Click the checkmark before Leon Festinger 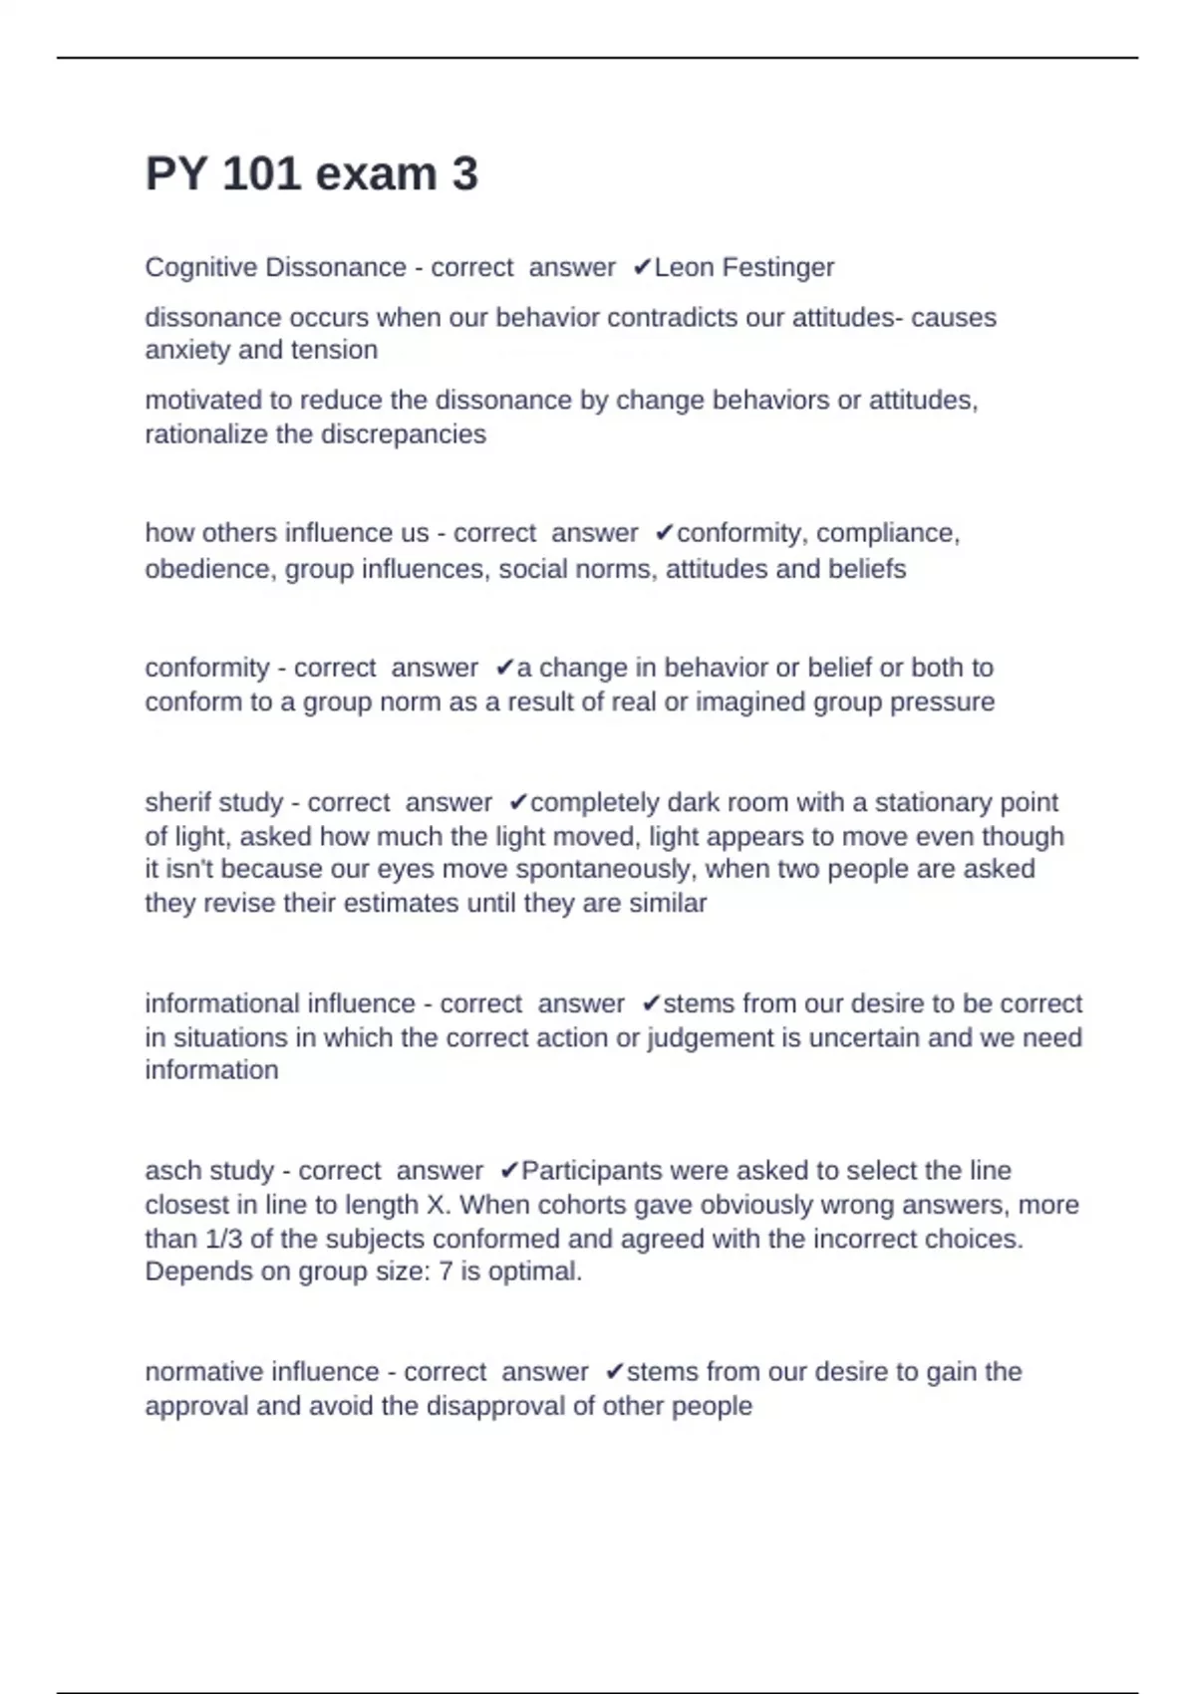[642, 268]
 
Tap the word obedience [206, 569]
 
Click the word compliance [887, 533]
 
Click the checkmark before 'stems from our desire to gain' [614, 1372]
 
